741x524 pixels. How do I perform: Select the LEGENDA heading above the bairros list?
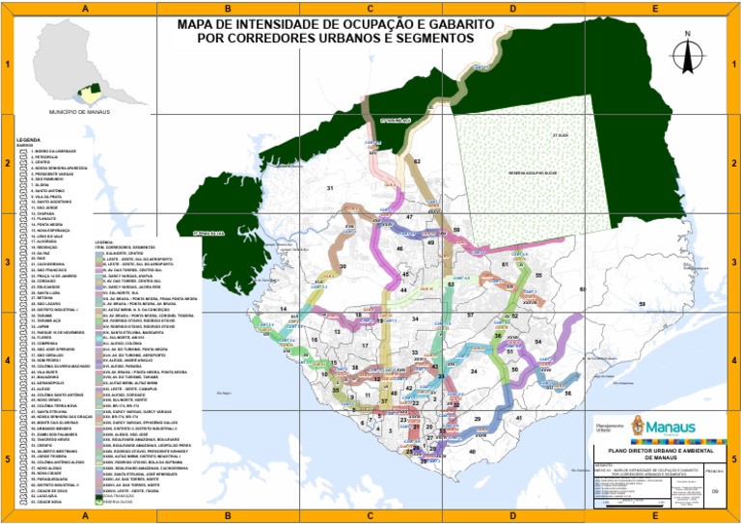pyautogui.click(x=29, y=140)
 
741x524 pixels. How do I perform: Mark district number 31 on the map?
pyautogui.click(x=330, y=187)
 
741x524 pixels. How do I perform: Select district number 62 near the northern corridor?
pyautogui.click(x=417, y=162)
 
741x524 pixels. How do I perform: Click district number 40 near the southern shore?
pyautogui.click(x=472, y=451)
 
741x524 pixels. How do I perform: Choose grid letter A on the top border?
pyautogui.click(x=86, y=8)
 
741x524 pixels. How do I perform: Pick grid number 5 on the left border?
pyautogui.click(x=7, y=459)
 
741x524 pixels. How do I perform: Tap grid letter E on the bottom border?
pyautogui.click(x=655, y=517)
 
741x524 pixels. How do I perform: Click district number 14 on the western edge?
pyautogui.click(x=283, y=309)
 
